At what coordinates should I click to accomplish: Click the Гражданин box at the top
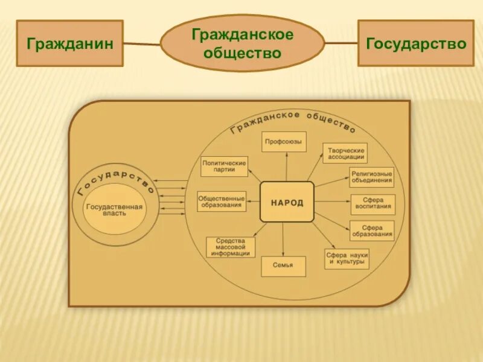[x=69, y=43]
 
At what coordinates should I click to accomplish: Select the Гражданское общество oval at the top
[x=243, y=43]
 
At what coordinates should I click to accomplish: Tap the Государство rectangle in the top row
[x=416, y=43]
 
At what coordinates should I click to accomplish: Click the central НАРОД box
[x=287, y=202]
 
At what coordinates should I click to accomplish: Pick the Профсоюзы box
[x=284, y=142]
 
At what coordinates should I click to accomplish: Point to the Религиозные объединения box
[x=371, y=177]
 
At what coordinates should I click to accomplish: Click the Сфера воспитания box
[x=373, y=204]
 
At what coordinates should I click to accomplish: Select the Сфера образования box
[x=372, y=230]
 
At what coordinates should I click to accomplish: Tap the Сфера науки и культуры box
[x=347, y=258]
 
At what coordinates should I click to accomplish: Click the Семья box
[x=283, y=266]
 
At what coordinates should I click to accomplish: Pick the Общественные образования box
[x=222, y=202]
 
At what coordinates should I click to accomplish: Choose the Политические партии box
[x=225, y=167]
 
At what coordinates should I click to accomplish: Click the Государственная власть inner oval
[x=115, y=210]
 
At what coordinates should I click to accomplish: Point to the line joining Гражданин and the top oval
[x=142, y=43]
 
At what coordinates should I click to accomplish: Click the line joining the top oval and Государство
[x=341, y=43]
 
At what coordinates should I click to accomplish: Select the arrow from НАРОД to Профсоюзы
[x=287, y=167]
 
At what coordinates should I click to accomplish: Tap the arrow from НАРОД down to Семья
[x=283, y=240]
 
